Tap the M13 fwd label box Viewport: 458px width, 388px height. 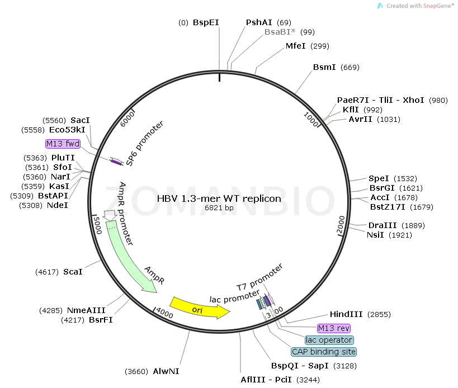point(63,144)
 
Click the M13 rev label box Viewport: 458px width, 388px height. point(333,328)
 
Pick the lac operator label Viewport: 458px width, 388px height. point(329,340)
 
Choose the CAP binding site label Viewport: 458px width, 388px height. point(323,352)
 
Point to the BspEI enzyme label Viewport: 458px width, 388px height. point(206,22)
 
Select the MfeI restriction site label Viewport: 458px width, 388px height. point(296,46)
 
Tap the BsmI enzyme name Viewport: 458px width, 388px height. point(324,67)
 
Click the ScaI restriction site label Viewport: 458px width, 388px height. point(73,272)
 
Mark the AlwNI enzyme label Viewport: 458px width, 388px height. point(166,371)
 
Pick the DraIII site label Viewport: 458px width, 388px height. point(380,225)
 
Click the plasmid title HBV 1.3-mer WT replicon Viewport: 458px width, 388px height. point(219,198)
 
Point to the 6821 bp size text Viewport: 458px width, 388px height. point(219,209)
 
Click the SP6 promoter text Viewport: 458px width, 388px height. point(144,143)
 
